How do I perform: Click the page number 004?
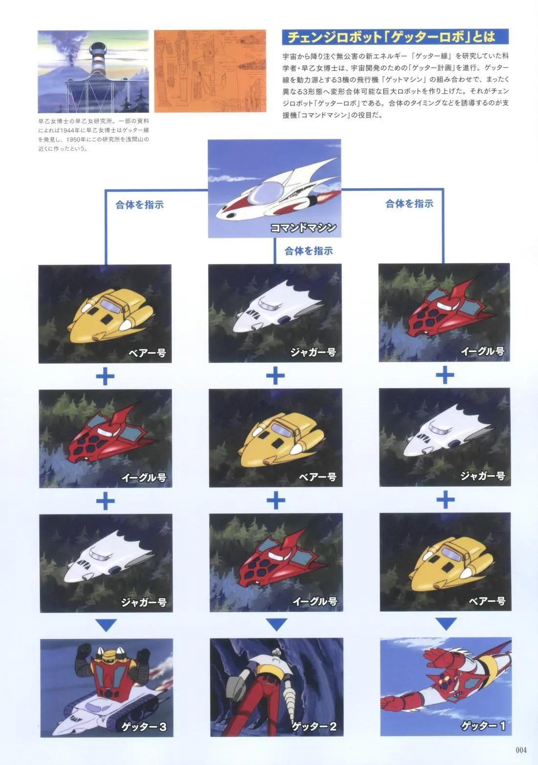(521, 750)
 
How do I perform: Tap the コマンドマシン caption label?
(303, 228)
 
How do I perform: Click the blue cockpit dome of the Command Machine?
(266, 195)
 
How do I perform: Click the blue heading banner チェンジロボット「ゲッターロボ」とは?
(395, 37)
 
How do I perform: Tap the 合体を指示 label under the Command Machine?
(309, 251)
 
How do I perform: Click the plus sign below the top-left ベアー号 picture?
(105, 376)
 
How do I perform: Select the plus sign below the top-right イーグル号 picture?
(445, 375)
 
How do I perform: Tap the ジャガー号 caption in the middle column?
(314, 351)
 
